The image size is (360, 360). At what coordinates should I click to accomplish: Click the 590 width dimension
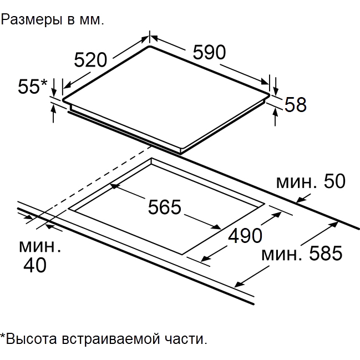point(209,52)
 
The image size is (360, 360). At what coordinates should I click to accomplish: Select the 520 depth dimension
point(90,60)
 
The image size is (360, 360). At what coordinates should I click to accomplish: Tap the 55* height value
point(33,87)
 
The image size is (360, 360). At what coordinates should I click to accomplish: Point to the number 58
point(295,104)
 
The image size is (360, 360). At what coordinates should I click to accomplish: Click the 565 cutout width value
point(165,207)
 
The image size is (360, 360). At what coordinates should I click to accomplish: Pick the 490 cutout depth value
point(245,235)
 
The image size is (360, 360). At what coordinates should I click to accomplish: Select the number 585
point(326,253)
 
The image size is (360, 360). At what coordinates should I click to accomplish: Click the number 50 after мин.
point(334,181)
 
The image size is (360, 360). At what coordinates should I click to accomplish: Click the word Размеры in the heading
point(32,20)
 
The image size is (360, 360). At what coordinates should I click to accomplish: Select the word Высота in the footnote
point(32,339)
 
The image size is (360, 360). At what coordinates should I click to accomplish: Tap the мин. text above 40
point(40,247)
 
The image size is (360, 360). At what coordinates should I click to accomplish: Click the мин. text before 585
point(282,255)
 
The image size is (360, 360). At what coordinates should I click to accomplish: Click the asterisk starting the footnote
point(3,336)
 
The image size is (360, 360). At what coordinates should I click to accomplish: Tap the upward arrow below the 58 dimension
point(275,117)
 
